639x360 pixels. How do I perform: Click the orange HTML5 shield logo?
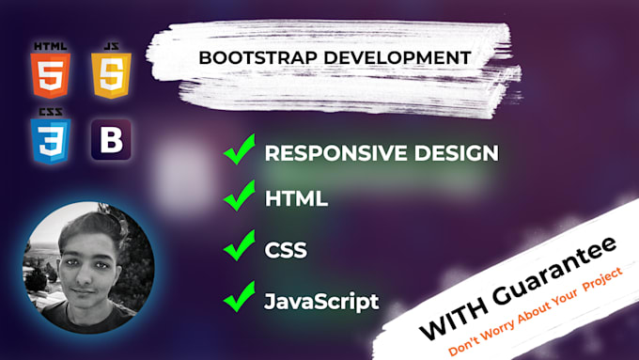pos(51,76)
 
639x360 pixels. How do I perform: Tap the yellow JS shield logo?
pos(110,76)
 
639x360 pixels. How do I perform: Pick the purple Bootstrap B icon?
pos(111,142)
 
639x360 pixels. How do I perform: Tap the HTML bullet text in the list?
pos(296,199)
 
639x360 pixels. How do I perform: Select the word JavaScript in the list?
pos(321,301)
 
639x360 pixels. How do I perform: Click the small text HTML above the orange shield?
pos(50,45)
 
